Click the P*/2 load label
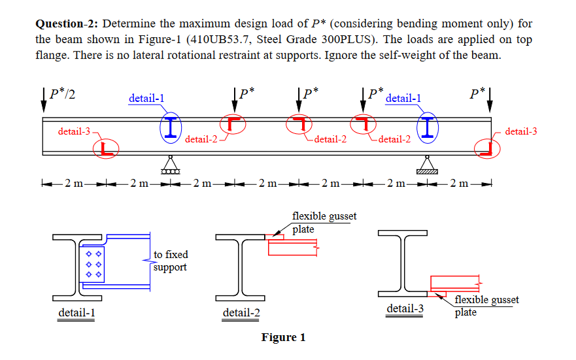(61, 93)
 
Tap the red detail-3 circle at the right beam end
(486, 148)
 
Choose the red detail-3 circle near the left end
(106, 149)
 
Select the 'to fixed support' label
(170, 261)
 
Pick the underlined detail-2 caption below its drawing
(241, 314)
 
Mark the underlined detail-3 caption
(405, 308)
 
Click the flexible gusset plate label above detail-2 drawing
(324, 222)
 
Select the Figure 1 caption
(283, 338)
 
